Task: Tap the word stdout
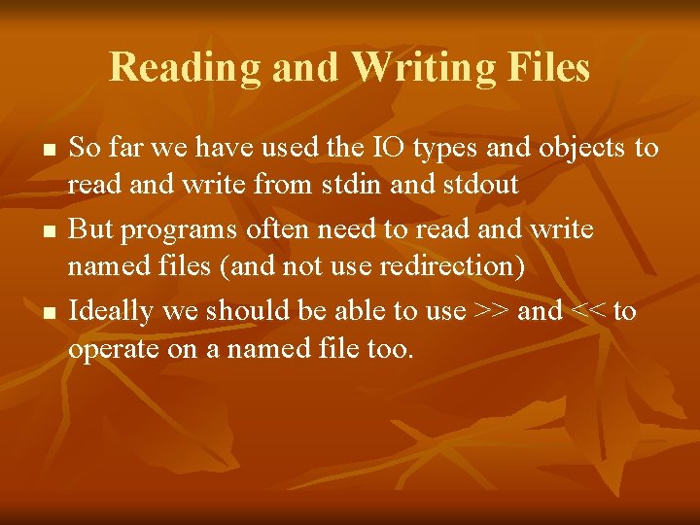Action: click(482, 185)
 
